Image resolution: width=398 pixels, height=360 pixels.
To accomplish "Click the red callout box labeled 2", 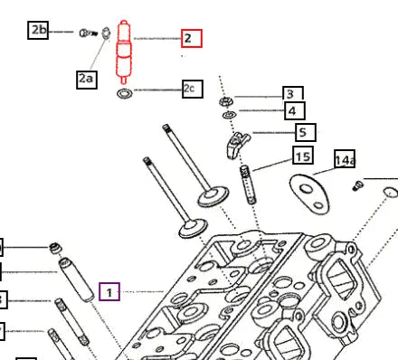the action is click(x=192, y=38).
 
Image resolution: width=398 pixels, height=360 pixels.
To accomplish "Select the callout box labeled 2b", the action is click(x=38, y=30).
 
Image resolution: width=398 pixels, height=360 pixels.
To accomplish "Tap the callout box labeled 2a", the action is click(x=87, y=80).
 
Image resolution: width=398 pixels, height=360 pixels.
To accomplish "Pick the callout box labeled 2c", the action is click(x=193, y=89).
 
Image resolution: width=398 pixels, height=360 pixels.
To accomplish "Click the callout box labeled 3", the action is click(x=293, y=93).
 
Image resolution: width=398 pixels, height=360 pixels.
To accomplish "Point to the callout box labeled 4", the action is click(x=295, y=110).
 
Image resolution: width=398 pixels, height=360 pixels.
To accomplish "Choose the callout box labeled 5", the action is click(x=306, y=132).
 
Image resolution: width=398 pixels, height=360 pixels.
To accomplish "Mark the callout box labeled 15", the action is click(x=303, y=156).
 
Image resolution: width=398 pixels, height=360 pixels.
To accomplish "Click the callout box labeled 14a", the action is click(x=345, y=158).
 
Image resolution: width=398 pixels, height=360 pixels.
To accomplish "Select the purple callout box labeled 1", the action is click(x=109, y=292).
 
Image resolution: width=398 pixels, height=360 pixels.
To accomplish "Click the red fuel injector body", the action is click(x=124, y=52).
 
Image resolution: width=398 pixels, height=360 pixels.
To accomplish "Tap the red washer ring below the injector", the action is click(x=125, y=93).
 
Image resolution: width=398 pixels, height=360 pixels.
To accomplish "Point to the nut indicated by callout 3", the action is click(x=225, y=101).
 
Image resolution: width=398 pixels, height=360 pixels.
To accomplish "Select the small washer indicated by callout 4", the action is click(x=229, y=115).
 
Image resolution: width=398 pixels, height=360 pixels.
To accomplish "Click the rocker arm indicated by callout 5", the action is click(x=237, y=146).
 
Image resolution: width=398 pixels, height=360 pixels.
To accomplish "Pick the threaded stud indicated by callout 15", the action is click(x=248, y=185).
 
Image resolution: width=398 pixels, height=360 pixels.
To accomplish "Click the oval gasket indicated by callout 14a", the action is click(x=309, y=194).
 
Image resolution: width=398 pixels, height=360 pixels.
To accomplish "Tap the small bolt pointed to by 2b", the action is click(x=89, y=33).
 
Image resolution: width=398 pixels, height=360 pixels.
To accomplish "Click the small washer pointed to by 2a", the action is click(x=106, y=33).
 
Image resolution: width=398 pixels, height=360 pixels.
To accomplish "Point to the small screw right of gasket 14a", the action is click(x=358, y=185).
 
